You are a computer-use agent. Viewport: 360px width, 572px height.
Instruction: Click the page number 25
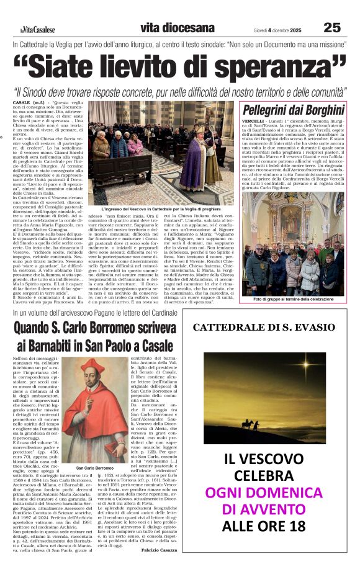(332, 27)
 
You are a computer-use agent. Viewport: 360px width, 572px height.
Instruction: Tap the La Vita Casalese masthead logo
(37, 29)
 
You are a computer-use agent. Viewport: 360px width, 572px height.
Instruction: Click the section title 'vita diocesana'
(168, 28)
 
